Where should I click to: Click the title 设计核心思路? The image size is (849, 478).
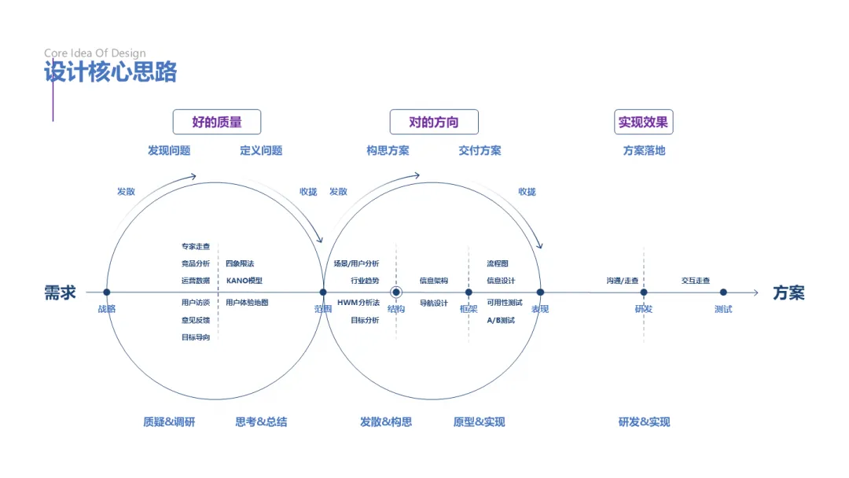(111, 72)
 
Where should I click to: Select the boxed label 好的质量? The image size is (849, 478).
(217, 122)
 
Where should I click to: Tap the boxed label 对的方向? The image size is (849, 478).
(434, 122)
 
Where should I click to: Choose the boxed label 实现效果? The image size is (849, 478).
(643, 122)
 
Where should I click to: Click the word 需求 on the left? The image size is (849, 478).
(60, 293)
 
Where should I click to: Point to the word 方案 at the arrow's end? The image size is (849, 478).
(788, 293)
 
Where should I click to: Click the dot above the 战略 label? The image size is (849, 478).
(107, 292)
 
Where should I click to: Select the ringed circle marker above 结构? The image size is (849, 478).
(396, 292)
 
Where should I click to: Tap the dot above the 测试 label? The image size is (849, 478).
(723, 292)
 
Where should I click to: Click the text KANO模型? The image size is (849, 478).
(244, 281)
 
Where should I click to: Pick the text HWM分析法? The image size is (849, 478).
(358, 303)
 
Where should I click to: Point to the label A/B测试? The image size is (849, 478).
(501, 320)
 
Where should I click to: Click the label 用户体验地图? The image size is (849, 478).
(247, 303)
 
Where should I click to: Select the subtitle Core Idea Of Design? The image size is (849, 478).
(94, 53)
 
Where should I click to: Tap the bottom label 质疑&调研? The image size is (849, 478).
(169, 422)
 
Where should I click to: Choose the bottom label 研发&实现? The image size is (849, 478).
(645, 422)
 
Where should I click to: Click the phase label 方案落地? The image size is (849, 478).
(644, 150)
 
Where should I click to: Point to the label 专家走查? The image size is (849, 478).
(196, 246)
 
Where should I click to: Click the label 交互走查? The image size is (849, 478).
(696, 281)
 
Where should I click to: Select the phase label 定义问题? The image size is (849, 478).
(261, 150)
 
